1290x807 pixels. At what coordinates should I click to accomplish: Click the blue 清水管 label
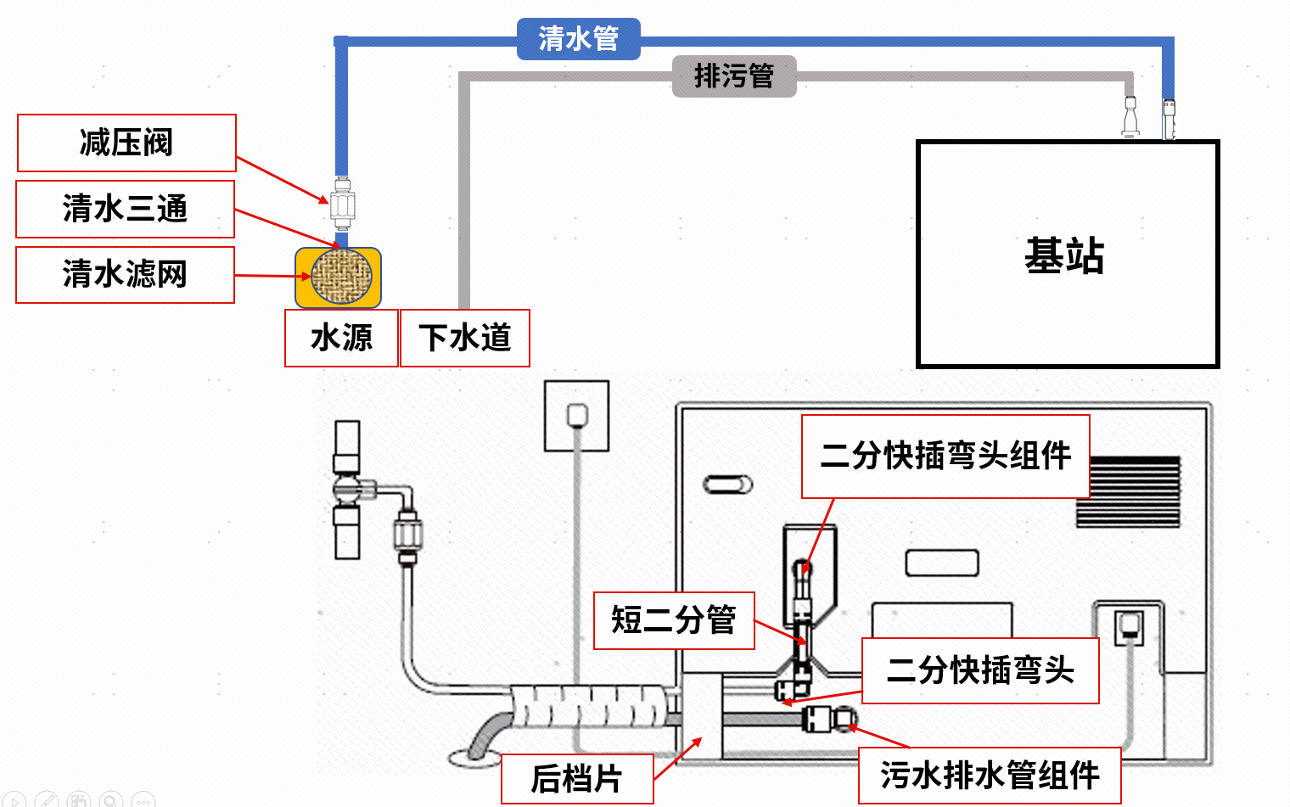[x=578, y=39]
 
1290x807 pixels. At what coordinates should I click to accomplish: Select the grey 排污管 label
[x=734, y=76]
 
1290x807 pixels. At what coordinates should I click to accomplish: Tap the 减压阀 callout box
[x=126, y=143]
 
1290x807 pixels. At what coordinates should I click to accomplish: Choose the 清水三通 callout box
[x=125, y=209]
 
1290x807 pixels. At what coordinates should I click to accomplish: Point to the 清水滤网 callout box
[x=125, y=274]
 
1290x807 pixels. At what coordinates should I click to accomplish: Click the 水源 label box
[x=341, y=338]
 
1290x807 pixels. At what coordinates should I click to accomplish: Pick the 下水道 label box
[x=464, y=338]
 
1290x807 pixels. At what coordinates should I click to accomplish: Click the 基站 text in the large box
[x=1064, y=255]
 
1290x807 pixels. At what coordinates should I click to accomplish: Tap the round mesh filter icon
[x=341, y=277]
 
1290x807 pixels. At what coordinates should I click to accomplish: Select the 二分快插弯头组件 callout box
[x=945, y=456]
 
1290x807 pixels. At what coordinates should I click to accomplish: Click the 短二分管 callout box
[x=674, y=620]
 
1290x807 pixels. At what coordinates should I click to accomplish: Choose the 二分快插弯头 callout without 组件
[x=980, y=670]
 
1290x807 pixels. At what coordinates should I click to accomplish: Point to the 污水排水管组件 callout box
[x=990, y=775]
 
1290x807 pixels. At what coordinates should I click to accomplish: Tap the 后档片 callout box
[x=577, y=778]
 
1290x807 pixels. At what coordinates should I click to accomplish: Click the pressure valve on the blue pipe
[x=342, y=204]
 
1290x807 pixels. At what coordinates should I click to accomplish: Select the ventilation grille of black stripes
[x=1129, y=492]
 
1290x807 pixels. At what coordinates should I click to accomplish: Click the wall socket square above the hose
[x=577, y=416]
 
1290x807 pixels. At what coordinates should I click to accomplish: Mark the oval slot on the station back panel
[x=728, y=485]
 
